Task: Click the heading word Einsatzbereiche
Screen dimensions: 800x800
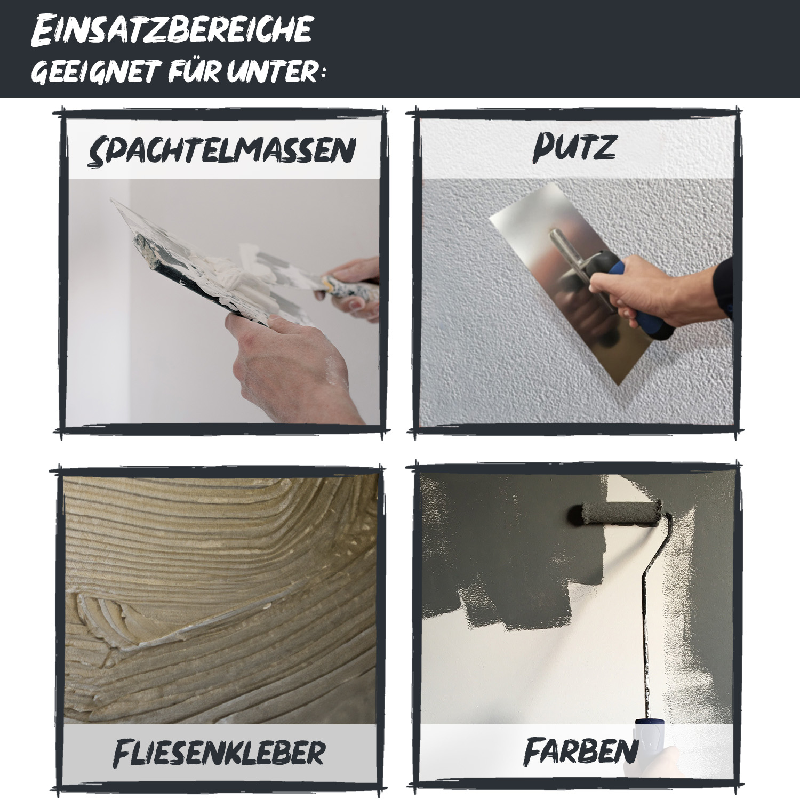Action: click(x=172, y=30)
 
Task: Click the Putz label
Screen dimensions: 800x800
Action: click(x=574, y=148)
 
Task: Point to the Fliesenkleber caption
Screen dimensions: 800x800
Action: click(x=219, y=753)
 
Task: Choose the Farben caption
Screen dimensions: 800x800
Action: click(x=581, y=751)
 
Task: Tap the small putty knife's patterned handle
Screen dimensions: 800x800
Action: click(x=349, y=291)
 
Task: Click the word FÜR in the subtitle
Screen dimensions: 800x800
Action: click(x=195, y=71)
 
